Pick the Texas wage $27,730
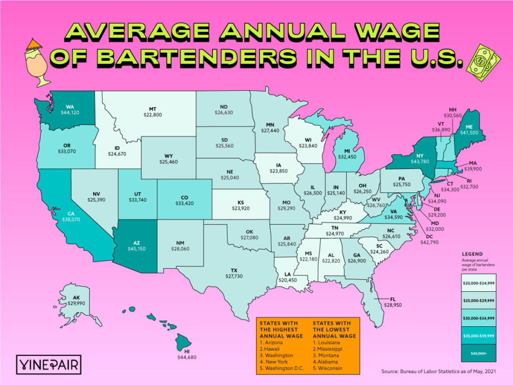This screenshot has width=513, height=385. coord(234,277)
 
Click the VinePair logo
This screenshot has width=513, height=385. coord(49,363)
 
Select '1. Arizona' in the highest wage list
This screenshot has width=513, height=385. coord(271,342)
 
